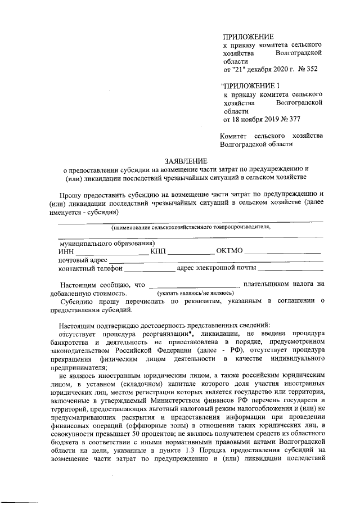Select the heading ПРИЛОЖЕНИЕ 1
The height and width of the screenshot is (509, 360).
[251, 85]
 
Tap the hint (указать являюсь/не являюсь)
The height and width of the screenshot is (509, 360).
[195, 294]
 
